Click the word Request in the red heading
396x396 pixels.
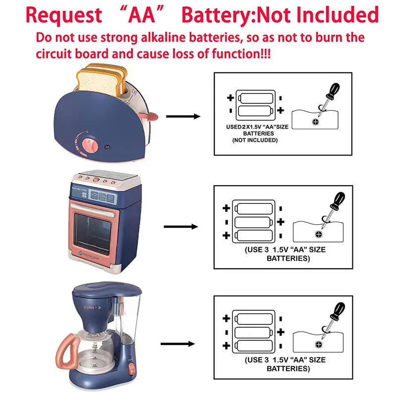tap(63, 15)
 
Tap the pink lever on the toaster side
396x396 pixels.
tap(148, 117)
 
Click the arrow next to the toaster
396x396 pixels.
tap(183, 116)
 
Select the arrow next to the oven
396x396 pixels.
tap(181, 227)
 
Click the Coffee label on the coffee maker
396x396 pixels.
tap(91, 307)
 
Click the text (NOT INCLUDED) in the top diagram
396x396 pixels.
tap(255, 141)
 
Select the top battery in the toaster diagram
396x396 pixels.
tap(255, 97)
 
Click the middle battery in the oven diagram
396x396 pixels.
tap(253, 221)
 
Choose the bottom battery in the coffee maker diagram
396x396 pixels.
tap(253, 345)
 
